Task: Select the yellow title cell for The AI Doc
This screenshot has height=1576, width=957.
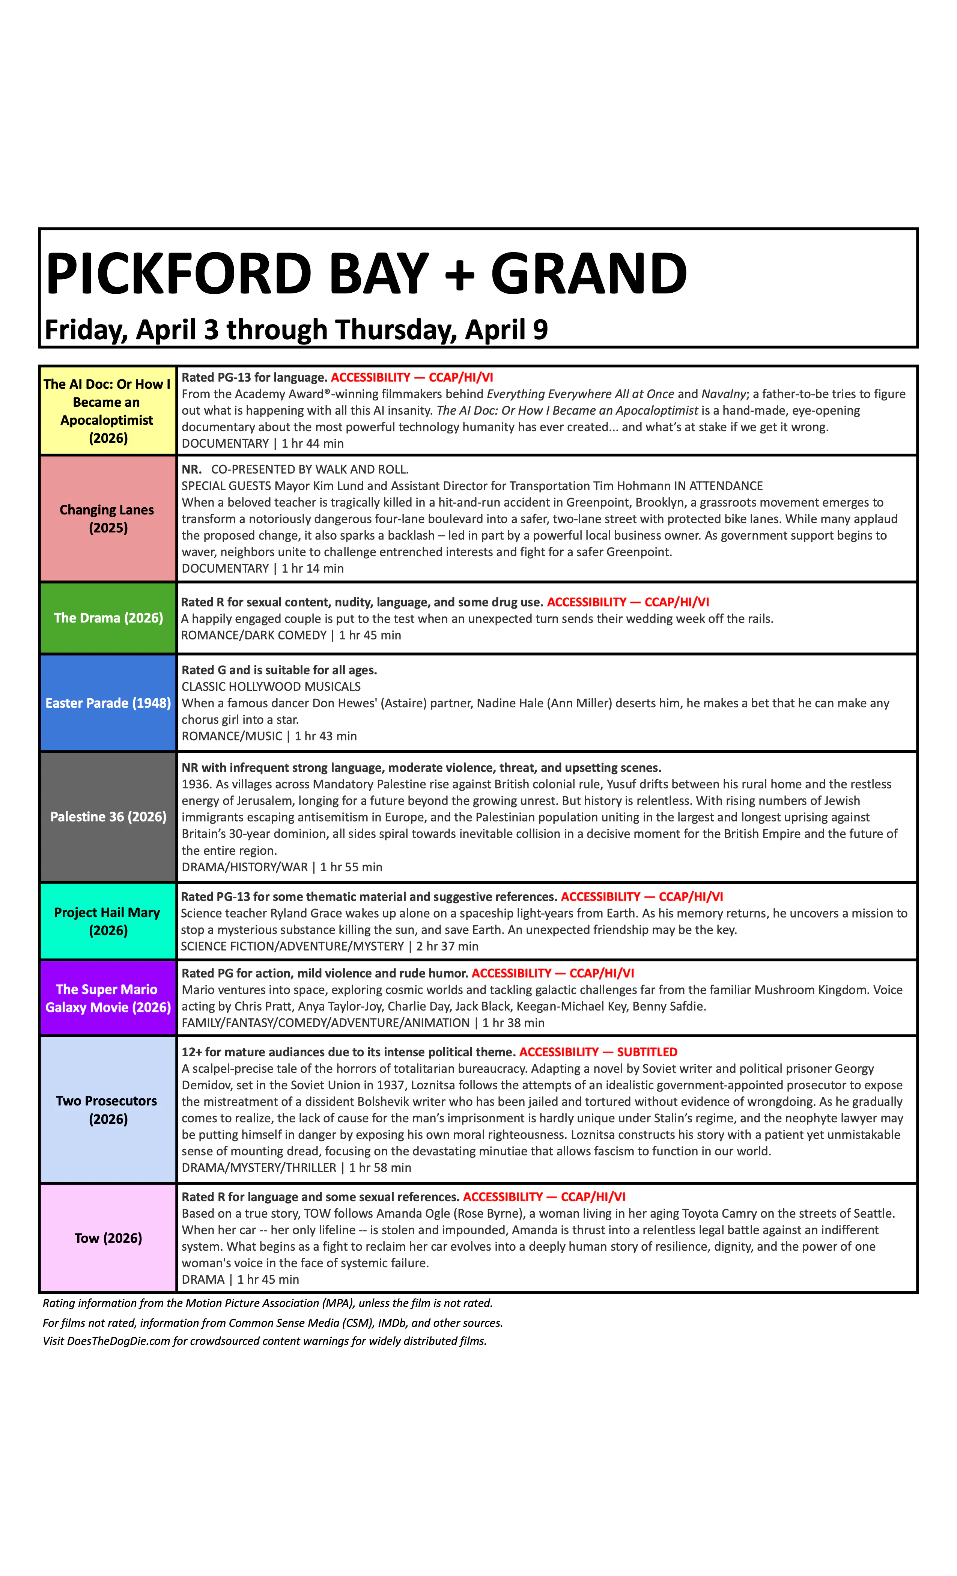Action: click(107, 411)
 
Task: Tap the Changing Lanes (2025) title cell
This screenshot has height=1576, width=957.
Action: click(107, 519)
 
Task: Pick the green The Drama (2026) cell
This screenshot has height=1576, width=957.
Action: click(107, 618)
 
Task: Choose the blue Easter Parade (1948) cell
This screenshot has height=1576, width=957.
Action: click(107, 703)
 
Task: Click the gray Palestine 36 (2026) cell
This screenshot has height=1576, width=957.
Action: click(107, 817)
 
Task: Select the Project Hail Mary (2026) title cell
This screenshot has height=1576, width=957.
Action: click(107, 921)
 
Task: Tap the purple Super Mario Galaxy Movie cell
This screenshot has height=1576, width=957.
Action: click(107, 998)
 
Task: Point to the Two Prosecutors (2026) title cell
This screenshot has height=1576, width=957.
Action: click(107, 1110)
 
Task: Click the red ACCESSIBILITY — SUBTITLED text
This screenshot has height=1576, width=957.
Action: click(598, 1052)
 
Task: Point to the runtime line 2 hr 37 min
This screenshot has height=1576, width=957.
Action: click(447, 946)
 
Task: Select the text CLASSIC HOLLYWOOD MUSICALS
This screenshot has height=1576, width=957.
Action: click(271, 686)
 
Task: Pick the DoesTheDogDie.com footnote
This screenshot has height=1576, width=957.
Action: click(265, 1341)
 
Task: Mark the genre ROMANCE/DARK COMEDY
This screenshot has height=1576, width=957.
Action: click(254, 635)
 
